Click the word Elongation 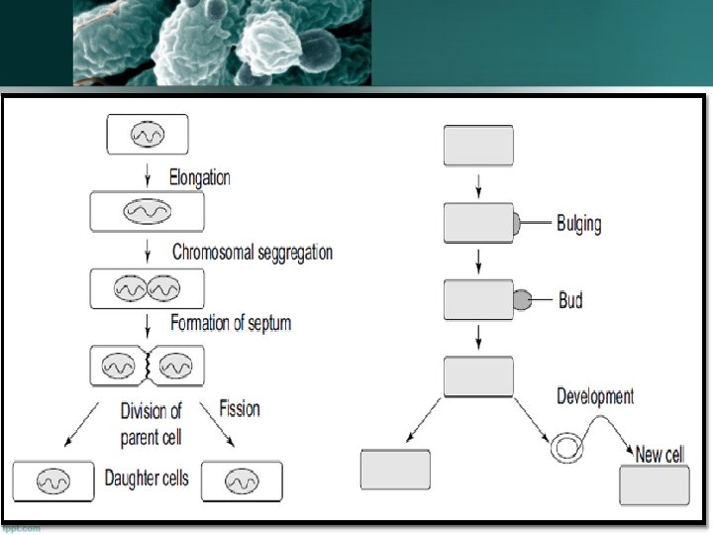[199, 178]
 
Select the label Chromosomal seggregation [252, 253]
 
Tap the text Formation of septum [231, 323]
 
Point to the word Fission [239, 408]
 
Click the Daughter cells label [147, 479]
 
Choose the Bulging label [578, 223]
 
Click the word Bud [570, 299]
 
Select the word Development [595, 396]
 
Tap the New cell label [660, 455]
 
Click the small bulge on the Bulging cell [517, 224]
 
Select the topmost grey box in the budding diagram [478, 146]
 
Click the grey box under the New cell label [654, 485]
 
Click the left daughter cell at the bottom [51, 481]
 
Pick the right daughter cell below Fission [242, 481]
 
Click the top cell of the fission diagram [147, 134]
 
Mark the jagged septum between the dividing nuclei [148, 366]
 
